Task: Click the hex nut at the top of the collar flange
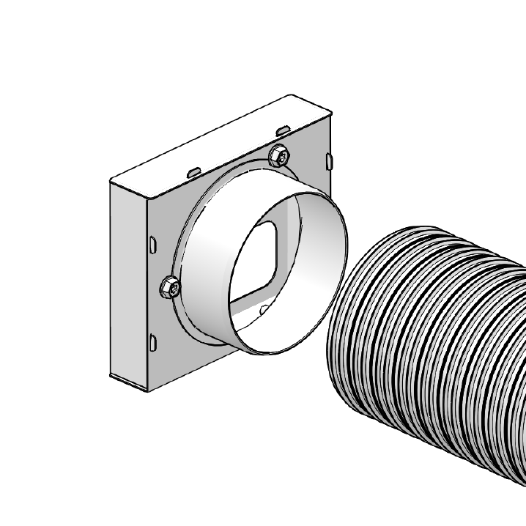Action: tap(279, 155)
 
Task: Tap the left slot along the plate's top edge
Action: tap(193, 171)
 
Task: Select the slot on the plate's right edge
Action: tap(328, 159)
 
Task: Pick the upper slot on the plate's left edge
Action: tap(152, 245)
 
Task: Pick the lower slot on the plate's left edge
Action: tap(152, 341)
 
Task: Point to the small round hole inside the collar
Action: tap(264, 311)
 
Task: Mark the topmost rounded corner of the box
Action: tap(293, 96)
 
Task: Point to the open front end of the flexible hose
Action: tap(352, 322)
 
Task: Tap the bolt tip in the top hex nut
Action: tap(279, 154)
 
